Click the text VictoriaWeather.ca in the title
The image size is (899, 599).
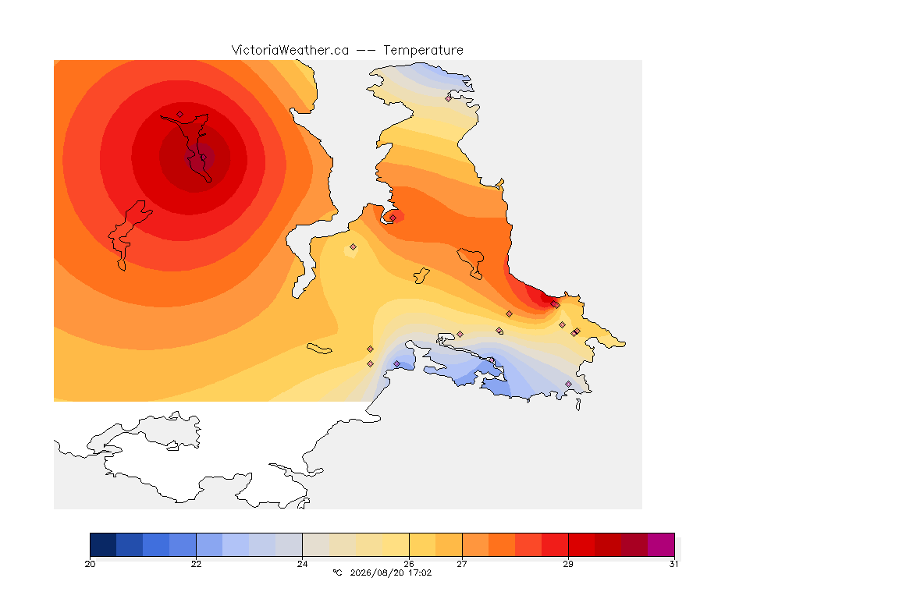290,51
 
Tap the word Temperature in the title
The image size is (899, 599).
423,51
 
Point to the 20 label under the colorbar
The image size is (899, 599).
90,564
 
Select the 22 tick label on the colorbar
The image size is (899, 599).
196,564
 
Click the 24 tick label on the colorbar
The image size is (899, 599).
302,564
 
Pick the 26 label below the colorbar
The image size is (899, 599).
409,564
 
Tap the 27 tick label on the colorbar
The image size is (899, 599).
462,564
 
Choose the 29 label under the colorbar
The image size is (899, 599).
568,564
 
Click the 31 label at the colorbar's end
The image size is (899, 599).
674,564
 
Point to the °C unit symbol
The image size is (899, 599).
337,572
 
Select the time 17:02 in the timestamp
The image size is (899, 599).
420,572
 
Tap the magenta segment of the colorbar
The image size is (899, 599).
661,544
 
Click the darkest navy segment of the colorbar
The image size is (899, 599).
103,544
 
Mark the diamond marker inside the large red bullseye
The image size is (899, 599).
180,115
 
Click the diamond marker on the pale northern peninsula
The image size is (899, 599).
449,98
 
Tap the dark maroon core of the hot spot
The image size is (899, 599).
201,157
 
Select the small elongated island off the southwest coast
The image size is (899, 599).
319,349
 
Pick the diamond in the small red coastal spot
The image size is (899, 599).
393,218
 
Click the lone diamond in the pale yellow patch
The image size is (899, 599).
354,247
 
